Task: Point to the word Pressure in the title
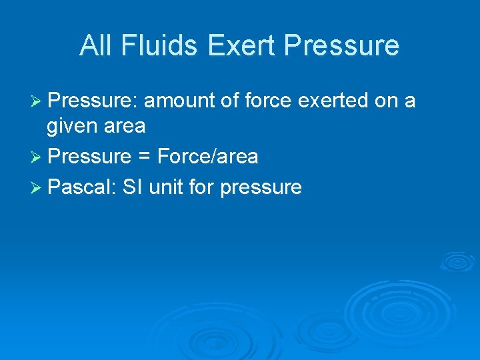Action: tap(341, 45)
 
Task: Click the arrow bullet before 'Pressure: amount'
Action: tap(38, 101)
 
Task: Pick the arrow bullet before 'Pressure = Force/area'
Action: tap(38, 157)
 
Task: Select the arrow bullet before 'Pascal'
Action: tap(38, 187)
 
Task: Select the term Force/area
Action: tap(208, 157)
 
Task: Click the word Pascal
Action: tap(83, 187)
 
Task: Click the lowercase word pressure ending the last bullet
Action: tap(261, 189)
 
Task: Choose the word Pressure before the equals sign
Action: tap(90, 157)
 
